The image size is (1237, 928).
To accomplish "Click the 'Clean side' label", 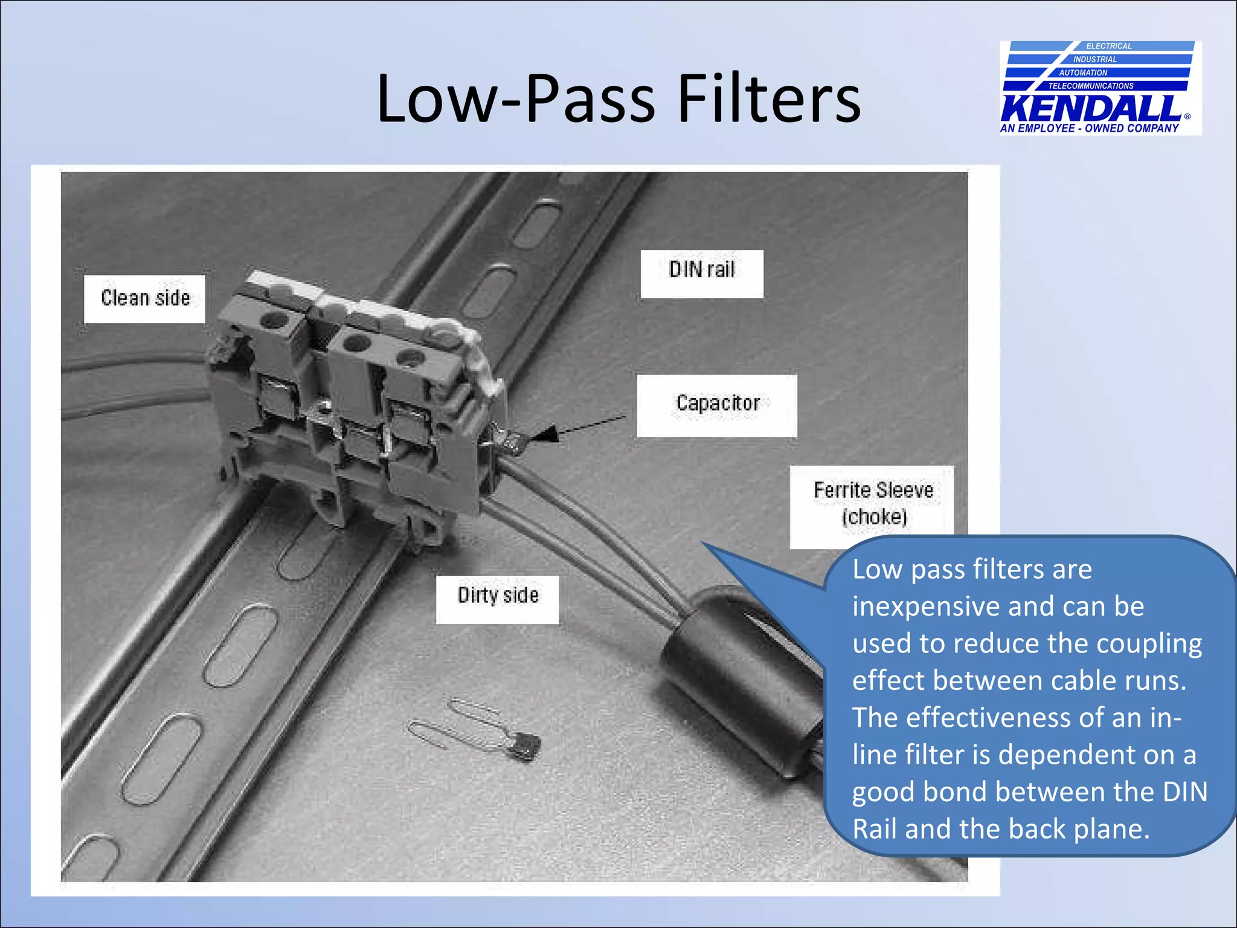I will [x=145, y=298].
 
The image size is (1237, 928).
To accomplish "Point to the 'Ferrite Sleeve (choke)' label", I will [x=873, y=503].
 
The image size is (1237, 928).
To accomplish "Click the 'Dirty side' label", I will [x=498, y=596].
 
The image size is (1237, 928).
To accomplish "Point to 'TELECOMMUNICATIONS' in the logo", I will [x=1091, y=86].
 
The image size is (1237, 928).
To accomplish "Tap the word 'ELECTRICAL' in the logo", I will [x=1108, y=46].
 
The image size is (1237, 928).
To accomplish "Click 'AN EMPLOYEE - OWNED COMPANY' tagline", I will [x=1089, y=129].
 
